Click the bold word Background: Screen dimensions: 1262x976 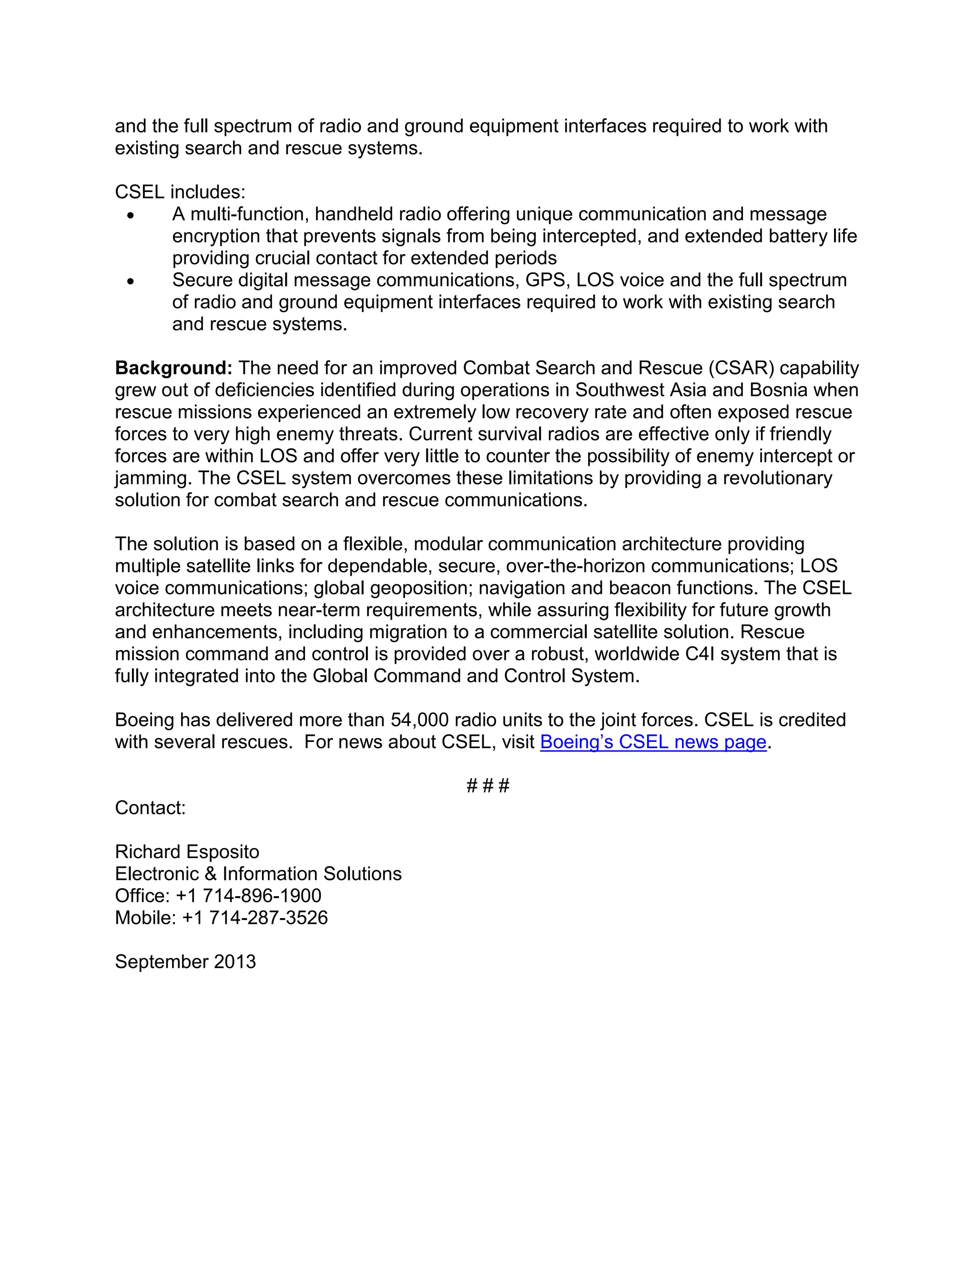[173, 368]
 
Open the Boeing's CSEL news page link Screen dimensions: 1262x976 [653, 742]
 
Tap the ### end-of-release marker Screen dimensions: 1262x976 [488, 786]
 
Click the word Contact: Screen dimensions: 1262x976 [150, 808]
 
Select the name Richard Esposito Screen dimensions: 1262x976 [187, 852]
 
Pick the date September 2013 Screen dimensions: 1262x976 [185, 962]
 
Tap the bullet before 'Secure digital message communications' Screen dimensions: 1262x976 [131, 281]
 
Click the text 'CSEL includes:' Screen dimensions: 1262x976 [180, 192]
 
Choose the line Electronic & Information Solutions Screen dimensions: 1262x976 [258, 874]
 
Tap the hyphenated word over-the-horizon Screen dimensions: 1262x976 [575, 566]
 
